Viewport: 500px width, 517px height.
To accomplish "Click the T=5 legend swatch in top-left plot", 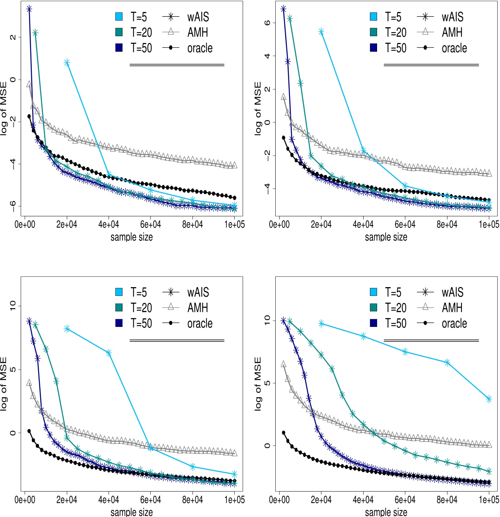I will click(x=119, y=17).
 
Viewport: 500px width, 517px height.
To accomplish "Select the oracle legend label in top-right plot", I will click(x=454, y=48).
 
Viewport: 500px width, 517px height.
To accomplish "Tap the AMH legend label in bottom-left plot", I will click(x=198, y=308).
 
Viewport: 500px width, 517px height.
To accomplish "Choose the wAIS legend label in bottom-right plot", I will click(x=453, y=293).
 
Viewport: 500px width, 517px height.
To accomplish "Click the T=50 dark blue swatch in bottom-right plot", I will click(x=374, y=323).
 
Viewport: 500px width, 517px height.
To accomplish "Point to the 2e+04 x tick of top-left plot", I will click(x=67, y=224).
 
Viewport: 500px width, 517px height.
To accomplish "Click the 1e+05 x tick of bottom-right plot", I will click(x=488, y=500).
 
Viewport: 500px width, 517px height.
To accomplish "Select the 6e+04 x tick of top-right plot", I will click(x=405, y=224).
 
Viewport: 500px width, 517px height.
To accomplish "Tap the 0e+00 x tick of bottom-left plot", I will click(x=25, y=500).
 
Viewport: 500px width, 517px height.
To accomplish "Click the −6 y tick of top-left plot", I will click(x=13, y=206).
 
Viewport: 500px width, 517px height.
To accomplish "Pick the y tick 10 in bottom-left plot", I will click(x=13, y=305).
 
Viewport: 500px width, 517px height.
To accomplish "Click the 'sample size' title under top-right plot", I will click(x=386, y=237).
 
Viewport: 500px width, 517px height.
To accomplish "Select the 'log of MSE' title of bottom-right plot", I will click(x=258, y=384).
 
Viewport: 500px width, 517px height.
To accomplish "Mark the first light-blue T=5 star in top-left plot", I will click(x=67, y=62).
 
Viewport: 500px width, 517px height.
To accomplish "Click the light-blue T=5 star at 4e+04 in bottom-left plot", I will click(x=109, y=353).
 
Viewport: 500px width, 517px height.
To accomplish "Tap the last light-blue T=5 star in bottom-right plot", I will click(x=489, y=399).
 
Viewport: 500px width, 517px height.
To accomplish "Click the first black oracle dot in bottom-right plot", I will click(x=284, y=433).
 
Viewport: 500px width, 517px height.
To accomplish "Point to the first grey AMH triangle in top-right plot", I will click(x=284, y=97).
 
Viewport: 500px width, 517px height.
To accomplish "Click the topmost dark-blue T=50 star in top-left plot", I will click(x=29, y=9).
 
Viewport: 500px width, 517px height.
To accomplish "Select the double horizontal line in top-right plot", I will click(x=431, y=65).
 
